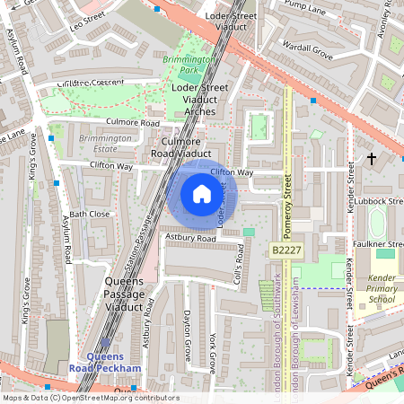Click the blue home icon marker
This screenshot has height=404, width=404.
(x=201, y=193)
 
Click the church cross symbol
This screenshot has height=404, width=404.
(x=372, y=159)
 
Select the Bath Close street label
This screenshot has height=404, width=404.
(x=90, y=215)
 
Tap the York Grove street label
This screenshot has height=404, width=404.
(x=213, y=352)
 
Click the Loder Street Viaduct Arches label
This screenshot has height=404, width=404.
(x=198, y=99)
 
